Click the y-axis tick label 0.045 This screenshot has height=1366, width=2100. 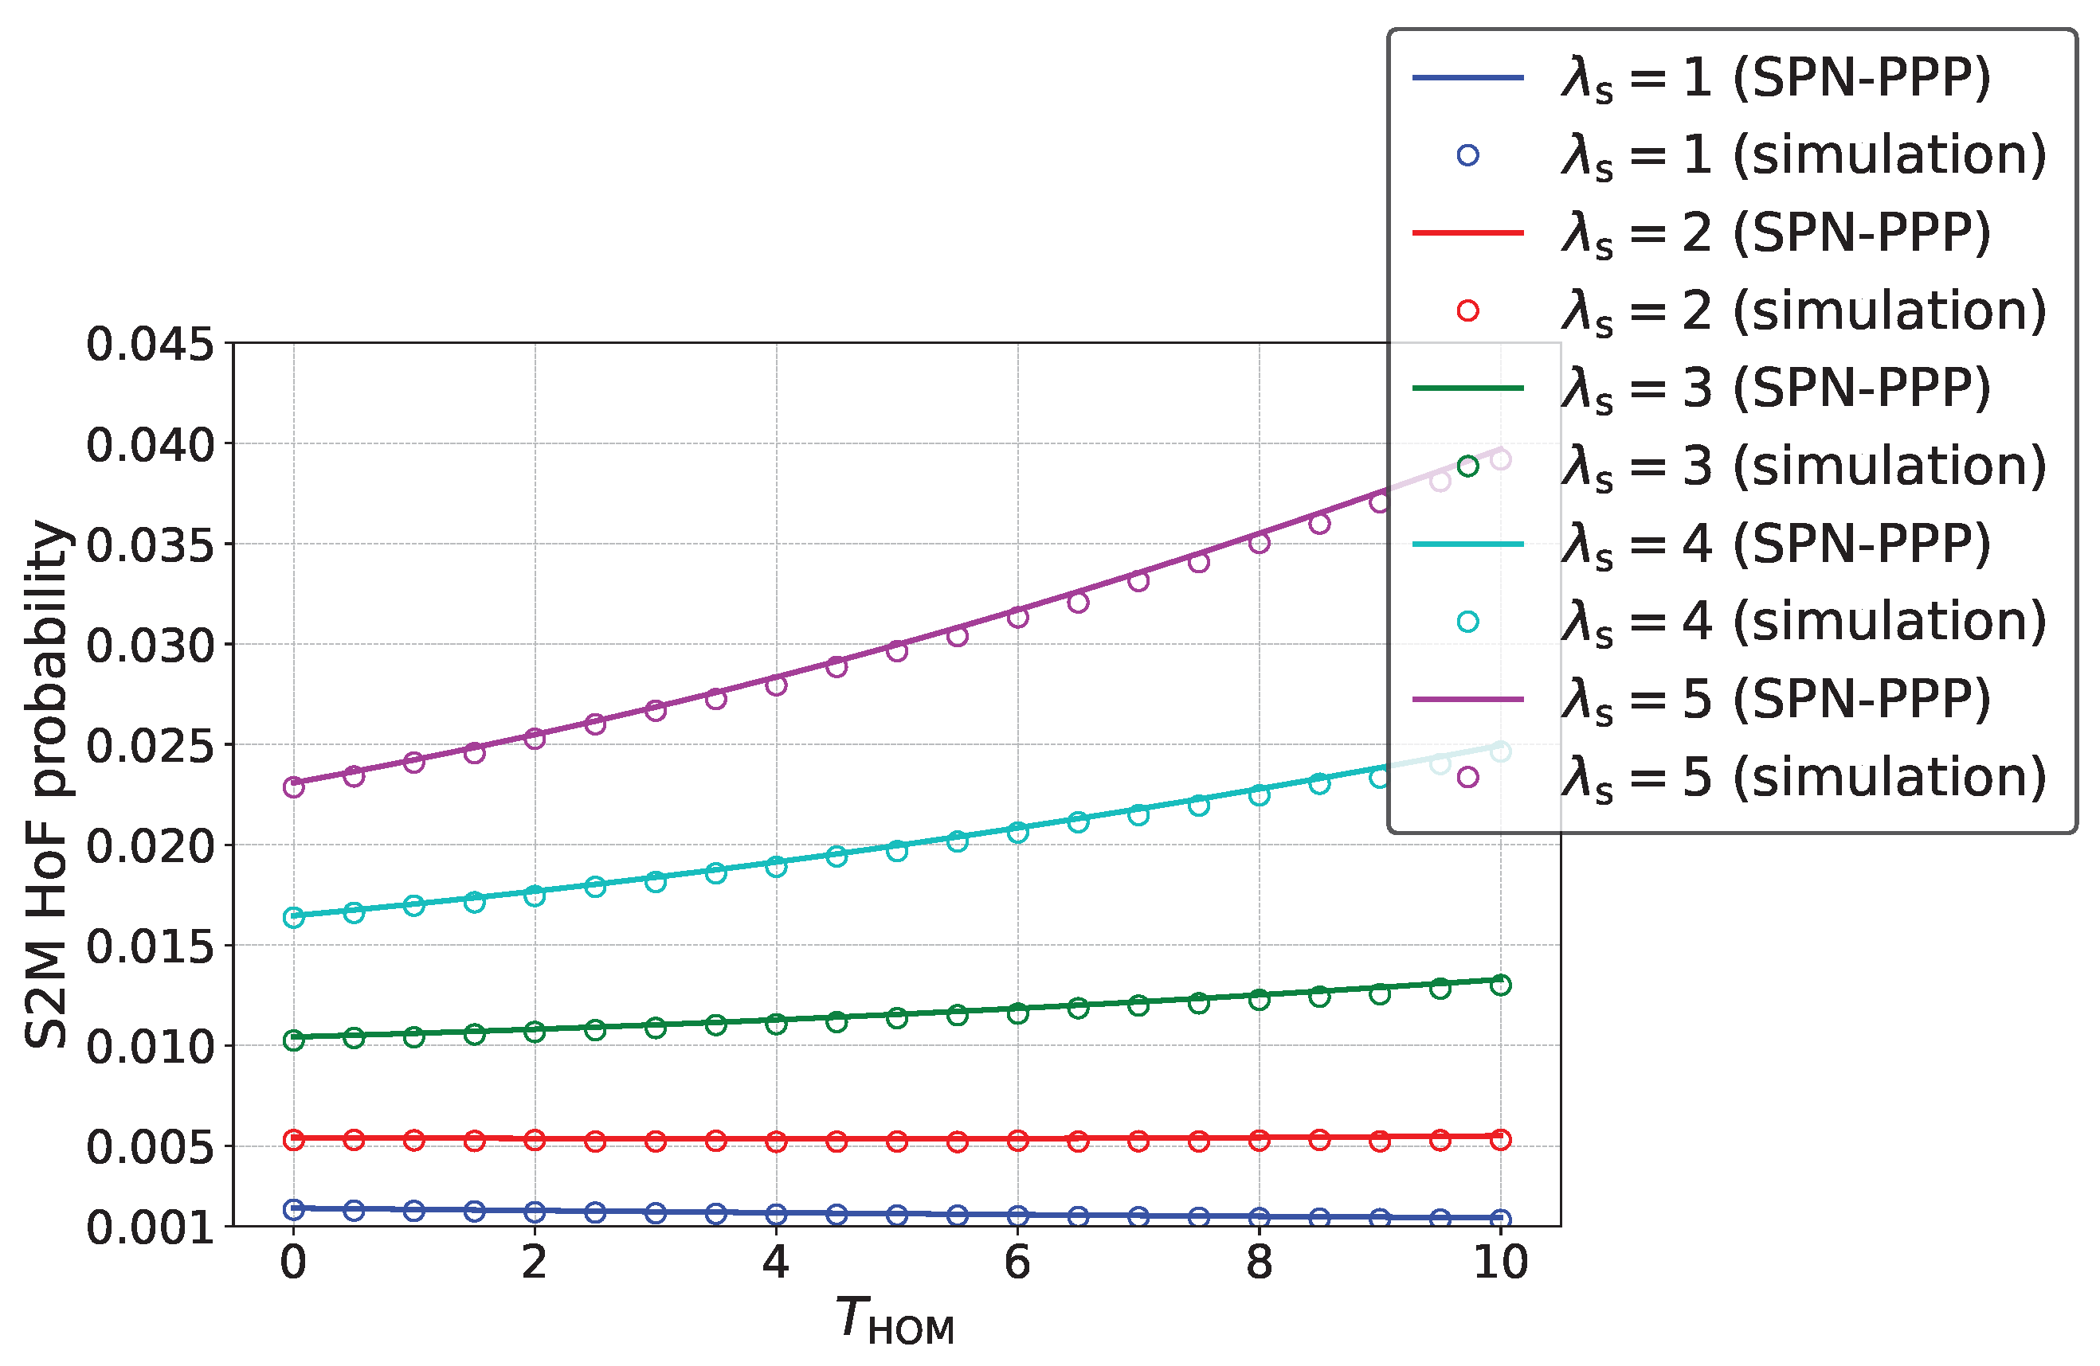(149, 345)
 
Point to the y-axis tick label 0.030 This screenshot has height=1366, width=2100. (149, 646)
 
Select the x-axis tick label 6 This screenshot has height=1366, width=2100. (1017, 1263)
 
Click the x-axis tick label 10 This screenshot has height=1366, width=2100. (1500, 1263)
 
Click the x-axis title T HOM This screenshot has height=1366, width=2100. (895, 1320)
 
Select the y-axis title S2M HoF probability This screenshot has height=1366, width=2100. (46, 784)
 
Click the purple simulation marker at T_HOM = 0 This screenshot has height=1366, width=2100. (294, 786)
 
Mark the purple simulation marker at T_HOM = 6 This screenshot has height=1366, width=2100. (1017, 617)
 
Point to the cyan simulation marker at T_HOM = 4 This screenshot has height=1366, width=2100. (776, 866)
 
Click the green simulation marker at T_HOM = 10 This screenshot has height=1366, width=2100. (1500, 985)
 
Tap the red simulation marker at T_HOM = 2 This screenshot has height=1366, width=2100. (535, 1140)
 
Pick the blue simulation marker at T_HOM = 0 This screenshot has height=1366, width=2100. (294, 1208)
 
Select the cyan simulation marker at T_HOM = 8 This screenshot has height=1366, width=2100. (1259, 795)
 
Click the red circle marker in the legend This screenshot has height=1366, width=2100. (1467, 310)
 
